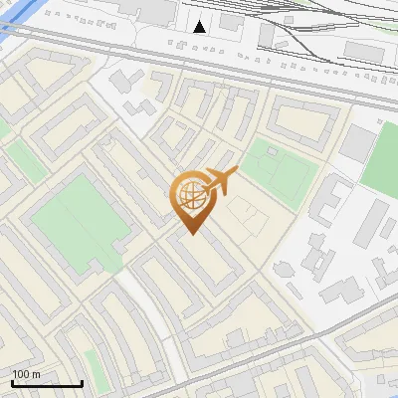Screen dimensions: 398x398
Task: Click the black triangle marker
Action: pyautogui.click(x=200, y=27)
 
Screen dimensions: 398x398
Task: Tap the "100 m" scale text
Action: pyautogui.click(x=26, y=374)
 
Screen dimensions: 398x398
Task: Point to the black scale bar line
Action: pyautogui.click(x=47, y=383)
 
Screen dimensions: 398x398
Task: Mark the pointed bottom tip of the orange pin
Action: pyautogui.click(x=190, y=235)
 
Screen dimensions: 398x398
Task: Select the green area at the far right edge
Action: pyautogui.click(x=382, y=159)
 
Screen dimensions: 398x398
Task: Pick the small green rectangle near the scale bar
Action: pyautogui.click(x=92, y=363)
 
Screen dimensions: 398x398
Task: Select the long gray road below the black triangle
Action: pyautogui.click(x=199, y=63)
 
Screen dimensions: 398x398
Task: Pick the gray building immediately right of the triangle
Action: pyautogui.click(x=231, y=22)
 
